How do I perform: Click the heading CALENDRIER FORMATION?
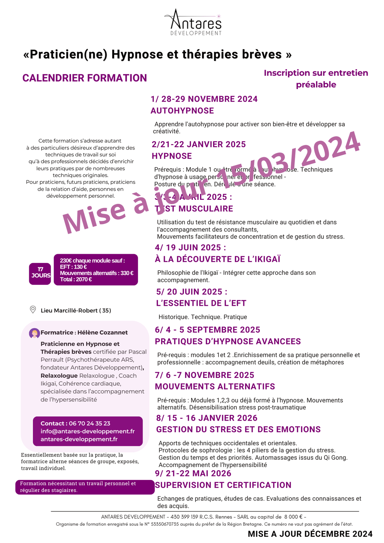(85, 78)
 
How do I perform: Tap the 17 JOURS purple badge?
(40, 273)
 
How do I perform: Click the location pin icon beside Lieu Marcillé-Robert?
(33, 310)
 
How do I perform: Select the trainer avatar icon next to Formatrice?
(34, 333)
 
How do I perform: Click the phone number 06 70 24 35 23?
(89, 424)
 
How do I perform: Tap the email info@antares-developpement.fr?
(88, 432)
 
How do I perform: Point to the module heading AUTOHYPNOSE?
(182, 111)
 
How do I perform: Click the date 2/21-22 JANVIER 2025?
(199, 144)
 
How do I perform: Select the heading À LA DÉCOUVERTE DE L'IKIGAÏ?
(218, 259)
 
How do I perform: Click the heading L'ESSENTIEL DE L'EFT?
(201, 303)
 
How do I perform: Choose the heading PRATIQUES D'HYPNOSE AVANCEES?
(228, 342)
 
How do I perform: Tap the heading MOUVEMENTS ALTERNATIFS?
(215, 387)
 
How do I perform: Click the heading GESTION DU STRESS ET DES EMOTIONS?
(239, 430)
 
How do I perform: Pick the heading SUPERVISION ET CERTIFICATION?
(223, 485)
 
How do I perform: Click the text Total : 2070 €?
(76, 279)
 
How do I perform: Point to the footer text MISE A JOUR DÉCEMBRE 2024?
(310, 534)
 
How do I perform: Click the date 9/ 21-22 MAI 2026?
(193, 473)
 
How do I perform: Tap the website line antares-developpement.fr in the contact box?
(79, 439)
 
